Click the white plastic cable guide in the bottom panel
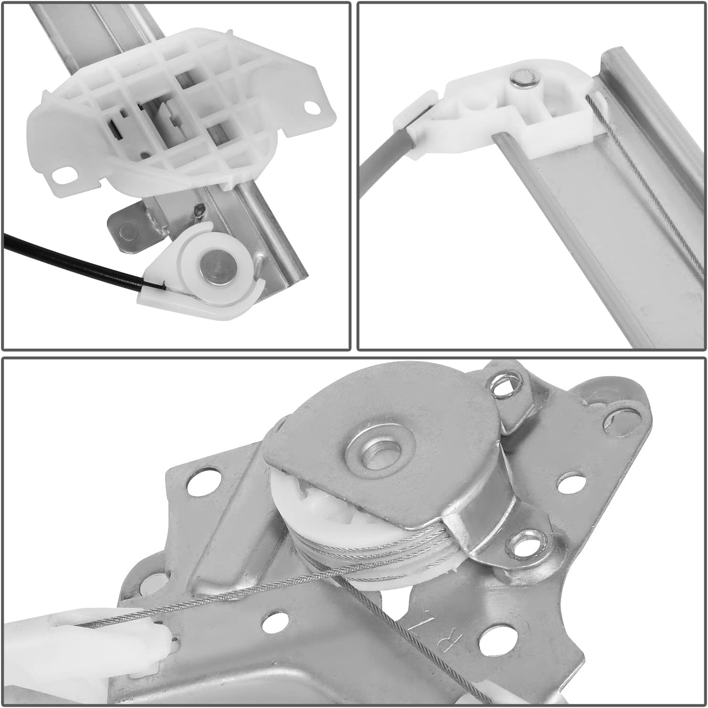click(x=95, y=639)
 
